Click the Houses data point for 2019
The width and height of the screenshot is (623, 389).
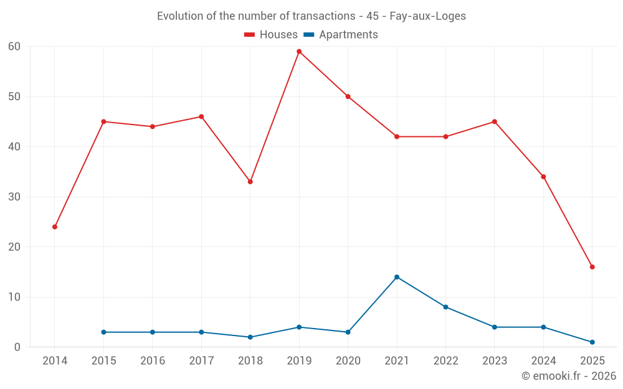click(299, 52)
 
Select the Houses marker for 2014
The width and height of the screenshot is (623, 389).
click(55, 227)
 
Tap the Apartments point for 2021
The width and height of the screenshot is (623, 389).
click(397, 277)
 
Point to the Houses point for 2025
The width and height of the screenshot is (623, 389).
click(592, 267)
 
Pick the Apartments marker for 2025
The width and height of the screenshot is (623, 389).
click(592, 342)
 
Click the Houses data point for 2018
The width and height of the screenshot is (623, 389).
click(250, 182)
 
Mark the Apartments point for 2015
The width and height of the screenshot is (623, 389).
click(103, 332)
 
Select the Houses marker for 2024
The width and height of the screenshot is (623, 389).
click(543, 177)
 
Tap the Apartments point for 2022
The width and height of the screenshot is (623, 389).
click(445, 307)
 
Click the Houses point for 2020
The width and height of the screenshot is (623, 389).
click(348, 96)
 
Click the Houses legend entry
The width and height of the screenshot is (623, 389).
click(271, 35)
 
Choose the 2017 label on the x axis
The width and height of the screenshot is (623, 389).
click(201, 361)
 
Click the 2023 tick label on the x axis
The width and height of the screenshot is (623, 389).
click(495, 361)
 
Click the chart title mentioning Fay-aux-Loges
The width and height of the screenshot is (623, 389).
click(311, 16)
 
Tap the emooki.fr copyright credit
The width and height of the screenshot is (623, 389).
click(569, 376)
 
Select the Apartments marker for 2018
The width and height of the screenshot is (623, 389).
click(250, 337)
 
